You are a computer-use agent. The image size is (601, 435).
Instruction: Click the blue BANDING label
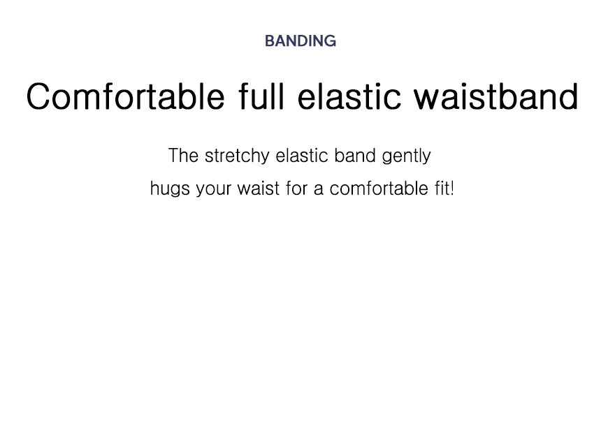(300, 41)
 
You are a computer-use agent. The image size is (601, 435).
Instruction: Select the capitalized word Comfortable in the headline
(125, 96)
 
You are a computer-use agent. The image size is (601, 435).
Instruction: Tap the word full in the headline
(261, 96)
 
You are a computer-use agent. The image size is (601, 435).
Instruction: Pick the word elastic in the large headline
(349, 96)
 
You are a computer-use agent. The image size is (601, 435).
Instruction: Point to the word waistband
(496, 96)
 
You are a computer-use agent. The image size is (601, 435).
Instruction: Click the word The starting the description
(183, 156)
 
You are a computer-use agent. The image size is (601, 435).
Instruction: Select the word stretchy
(237, 156)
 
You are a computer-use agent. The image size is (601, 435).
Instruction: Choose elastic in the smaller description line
(302, 156)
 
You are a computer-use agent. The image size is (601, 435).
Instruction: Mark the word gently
(406, 156)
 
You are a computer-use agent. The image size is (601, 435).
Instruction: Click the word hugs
(170, 189)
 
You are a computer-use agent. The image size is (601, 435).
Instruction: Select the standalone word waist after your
(259, 189)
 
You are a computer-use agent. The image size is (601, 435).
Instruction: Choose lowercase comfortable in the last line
(379, 189)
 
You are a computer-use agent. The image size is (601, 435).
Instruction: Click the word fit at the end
(442, 189)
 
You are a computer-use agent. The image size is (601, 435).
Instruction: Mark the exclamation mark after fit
(452, 189)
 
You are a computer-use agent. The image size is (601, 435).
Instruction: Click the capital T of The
(175, 156)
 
